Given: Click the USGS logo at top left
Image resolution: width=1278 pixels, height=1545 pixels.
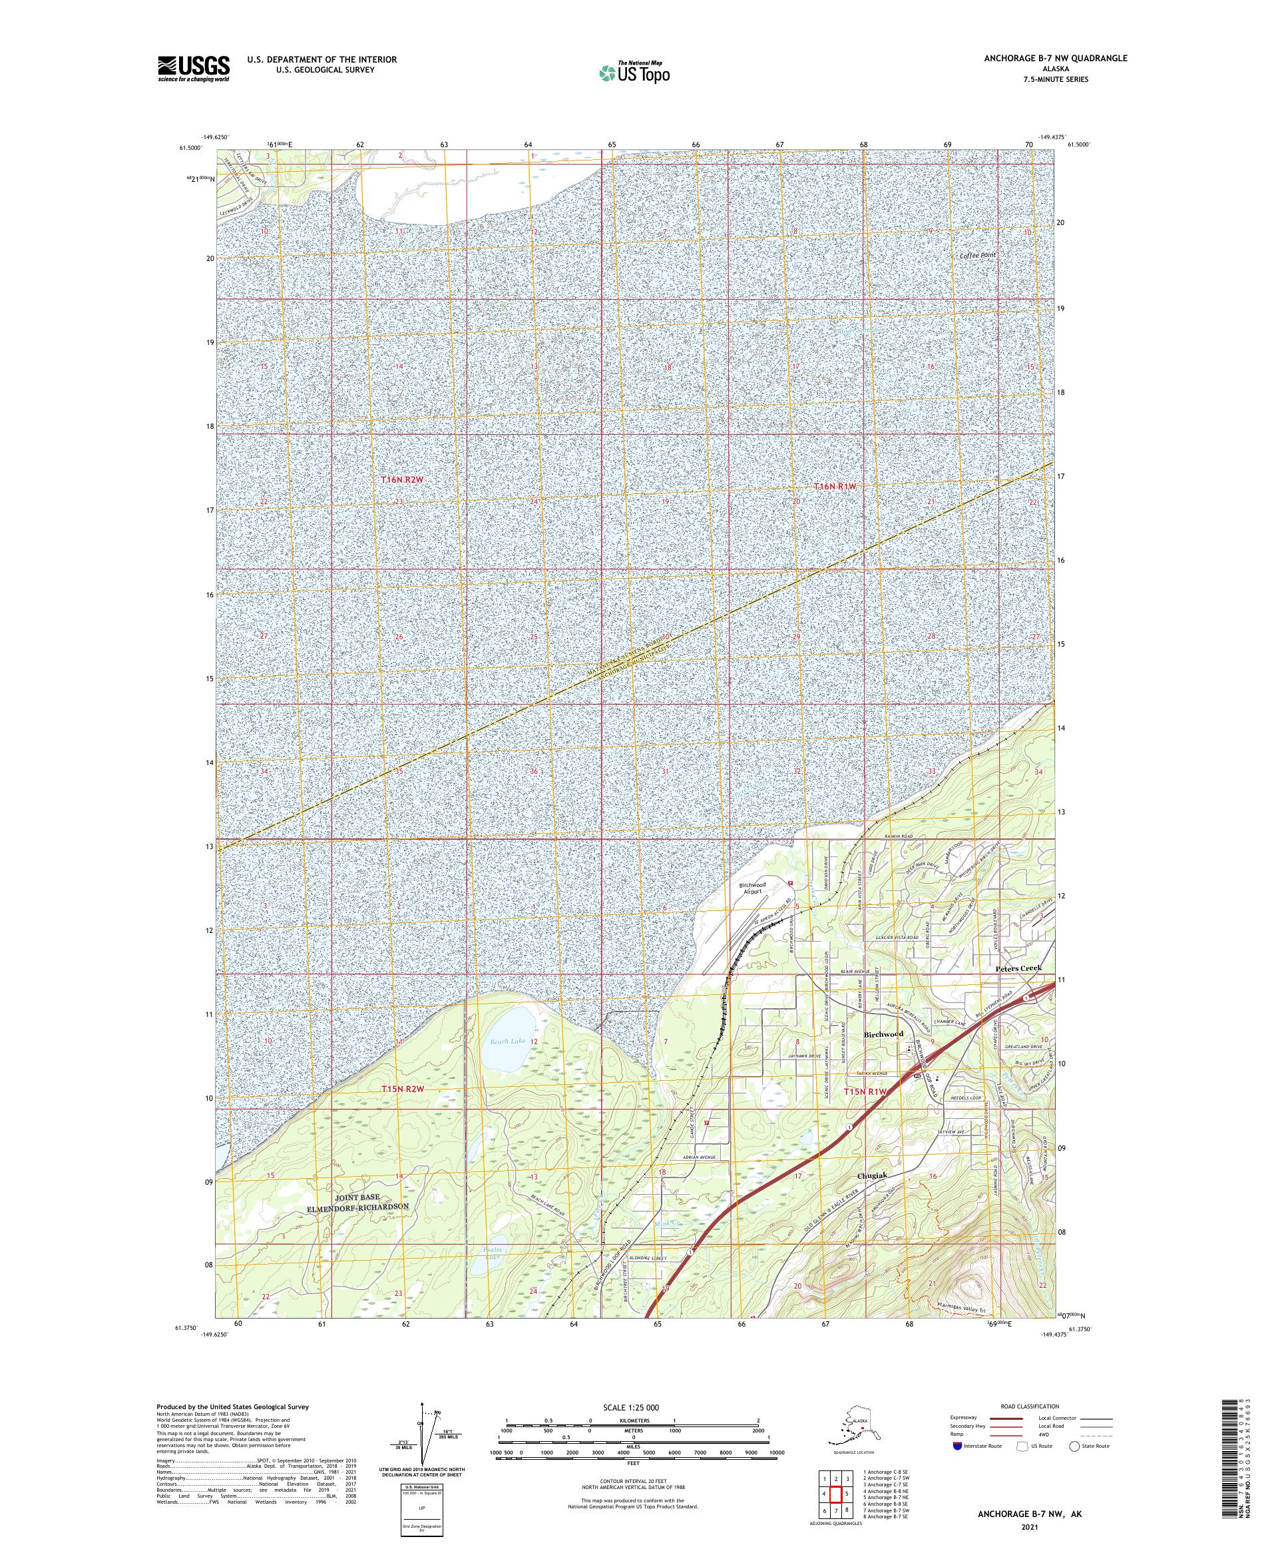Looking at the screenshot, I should [x=192, y=69].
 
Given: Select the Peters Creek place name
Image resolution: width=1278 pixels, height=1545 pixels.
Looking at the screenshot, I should [x=1018, y=968].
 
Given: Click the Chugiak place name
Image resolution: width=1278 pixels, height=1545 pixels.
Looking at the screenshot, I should [x=873, y=1196].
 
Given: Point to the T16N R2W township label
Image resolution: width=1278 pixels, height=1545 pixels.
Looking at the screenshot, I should [x=402, y=479].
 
